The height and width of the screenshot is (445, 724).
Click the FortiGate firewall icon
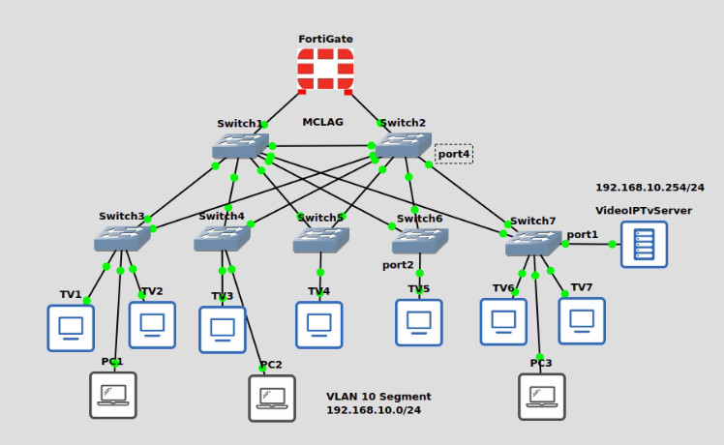click(325, 70)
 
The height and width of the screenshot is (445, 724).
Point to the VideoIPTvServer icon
click(644, 244)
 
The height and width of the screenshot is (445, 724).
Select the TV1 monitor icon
click(71, 328)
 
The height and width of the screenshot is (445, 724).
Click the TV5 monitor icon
click(419, 322)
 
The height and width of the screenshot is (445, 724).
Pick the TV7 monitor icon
click(582, 321)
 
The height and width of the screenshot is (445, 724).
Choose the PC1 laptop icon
click(113, 395)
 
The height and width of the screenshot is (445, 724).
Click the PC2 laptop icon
click(272, 398)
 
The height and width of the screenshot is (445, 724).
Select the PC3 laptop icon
click(542, 397)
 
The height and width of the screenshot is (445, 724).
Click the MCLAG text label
click(322, 123)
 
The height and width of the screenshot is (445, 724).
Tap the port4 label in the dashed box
click(454, 154)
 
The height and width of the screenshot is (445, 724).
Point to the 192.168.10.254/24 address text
click(649, 188)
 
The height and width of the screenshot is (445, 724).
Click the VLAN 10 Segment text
click(378, 397)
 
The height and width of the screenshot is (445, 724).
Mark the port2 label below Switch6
click(398, 265)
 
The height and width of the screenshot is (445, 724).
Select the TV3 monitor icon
click(223, 330)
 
